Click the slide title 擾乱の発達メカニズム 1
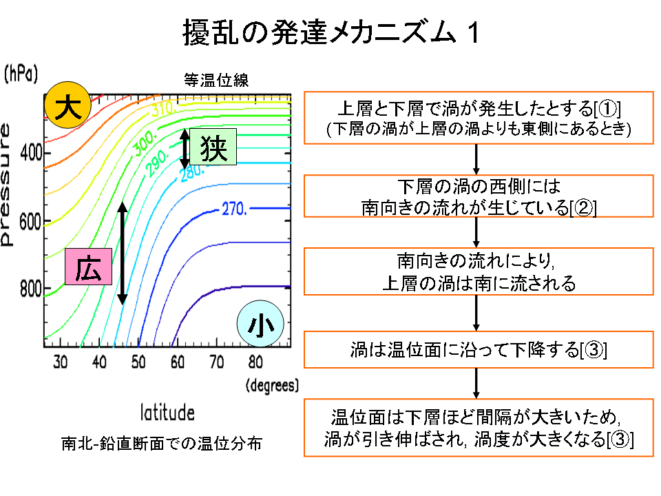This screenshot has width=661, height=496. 331,32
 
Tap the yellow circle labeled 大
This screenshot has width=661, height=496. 67,105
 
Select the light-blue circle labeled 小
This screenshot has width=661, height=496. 260,324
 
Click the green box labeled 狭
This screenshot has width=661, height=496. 213,147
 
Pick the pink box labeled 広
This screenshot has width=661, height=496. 89,267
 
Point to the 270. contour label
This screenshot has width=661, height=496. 234,209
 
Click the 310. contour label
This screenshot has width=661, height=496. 162,108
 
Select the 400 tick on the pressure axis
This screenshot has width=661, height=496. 31,153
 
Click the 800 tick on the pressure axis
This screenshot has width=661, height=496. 31,289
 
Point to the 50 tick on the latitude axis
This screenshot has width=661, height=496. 138,362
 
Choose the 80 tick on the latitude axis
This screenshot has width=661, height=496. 255,362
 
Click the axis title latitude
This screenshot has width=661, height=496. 167,413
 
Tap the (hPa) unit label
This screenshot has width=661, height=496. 21,74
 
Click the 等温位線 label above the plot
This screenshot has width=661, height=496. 216,80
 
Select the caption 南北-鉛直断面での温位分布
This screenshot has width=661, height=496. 162,443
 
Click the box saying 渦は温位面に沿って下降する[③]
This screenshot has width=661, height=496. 479,350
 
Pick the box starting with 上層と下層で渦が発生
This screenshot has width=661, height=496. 479,118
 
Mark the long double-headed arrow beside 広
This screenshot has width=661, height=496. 123,254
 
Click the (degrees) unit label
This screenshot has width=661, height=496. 273,386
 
